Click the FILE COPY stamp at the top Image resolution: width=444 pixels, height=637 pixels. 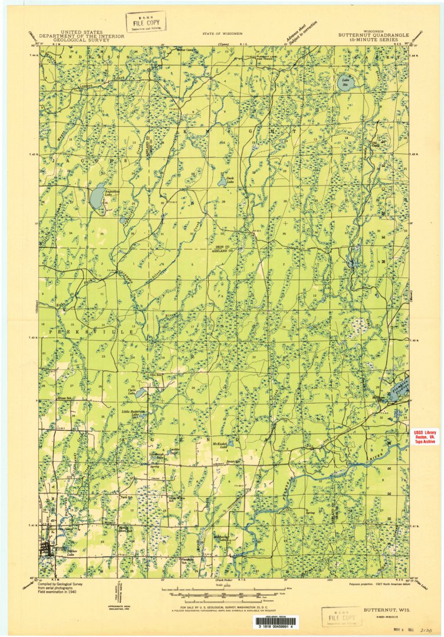[x=146, y=22]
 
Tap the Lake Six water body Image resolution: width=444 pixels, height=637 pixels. [x=347, y=84]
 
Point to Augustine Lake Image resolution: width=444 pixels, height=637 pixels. [x=97, y=199]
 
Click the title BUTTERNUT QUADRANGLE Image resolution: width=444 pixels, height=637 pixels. [x=370, y=35]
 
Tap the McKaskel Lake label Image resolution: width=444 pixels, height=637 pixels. [x=220, y=446]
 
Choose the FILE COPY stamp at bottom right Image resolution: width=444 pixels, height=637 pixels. [x=342, y=617]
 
